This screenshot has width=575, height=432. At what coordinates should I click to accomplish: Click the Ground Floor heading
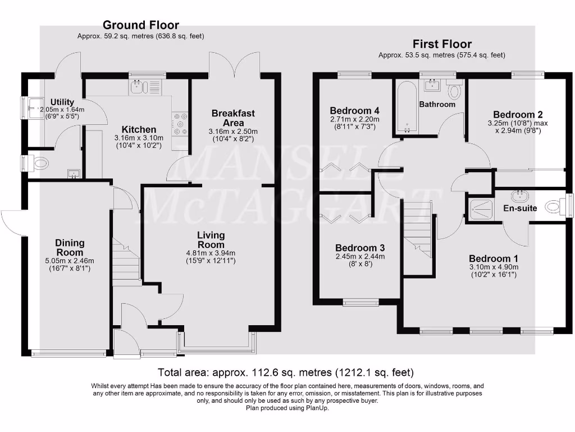coord(140,25)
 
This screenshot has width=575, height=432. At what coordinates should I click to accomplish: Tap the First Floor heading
coord(442,44)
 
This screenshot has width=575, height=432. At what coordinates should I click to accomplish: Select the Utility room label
coord(62,102)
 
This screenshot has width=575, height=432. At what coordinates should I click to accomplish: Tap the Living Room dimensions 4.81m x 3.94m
coord(211,253)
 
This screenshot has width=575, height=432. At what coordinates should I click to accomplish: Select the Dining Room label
coord(70,247)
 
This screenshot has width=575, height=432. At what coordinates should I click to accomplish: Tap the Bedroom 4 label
coord(351,110)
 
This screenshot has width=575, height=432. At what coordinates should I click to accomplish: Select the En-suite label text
coord(519,208)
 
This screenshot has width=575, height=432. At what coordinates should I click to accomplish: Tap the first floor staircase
coord(418,231)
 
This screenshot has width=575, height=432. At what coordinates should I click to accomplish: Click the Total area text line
coord(286,372)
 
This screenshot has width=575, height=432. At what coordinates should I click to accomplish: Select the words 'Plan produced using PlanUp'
coord(287,408)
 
